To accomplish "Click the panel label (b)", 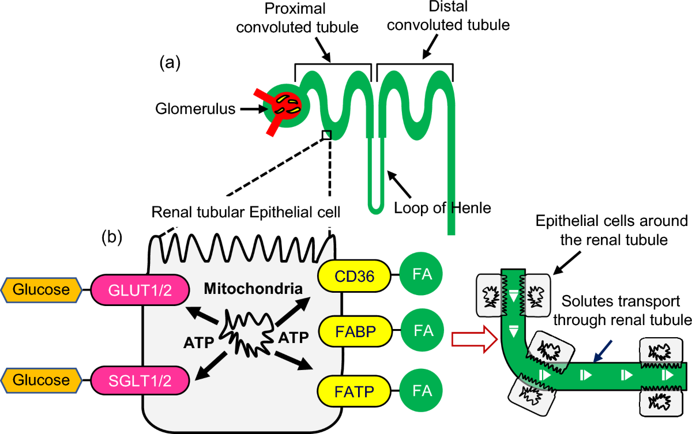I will click(x=112, y=237).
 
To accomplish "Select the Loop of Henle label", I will click(x=442, y=207).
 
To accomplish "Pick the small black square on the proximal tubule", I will click(x=327, y=135).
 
